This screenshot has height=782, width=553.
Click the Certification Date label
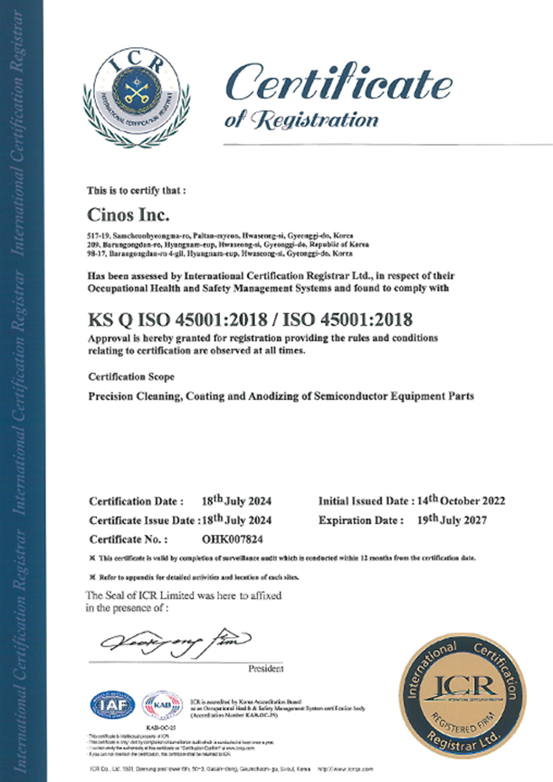click(x=136, y=501)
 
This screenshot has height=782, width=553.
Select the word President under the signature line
click(x=268, y=669)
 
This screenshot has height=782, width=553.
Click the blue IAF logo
click(x=111, y=704)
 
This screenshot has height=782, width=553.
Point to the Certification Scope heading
click(x=128, y=375)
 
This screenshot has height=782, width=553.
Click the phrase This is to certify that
click(x=136, y=191)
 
